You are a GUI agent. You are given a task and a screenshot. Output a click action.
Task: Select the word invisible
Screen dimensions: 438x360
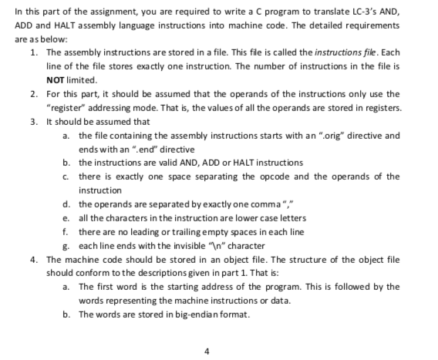click(x=194, y=244)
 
